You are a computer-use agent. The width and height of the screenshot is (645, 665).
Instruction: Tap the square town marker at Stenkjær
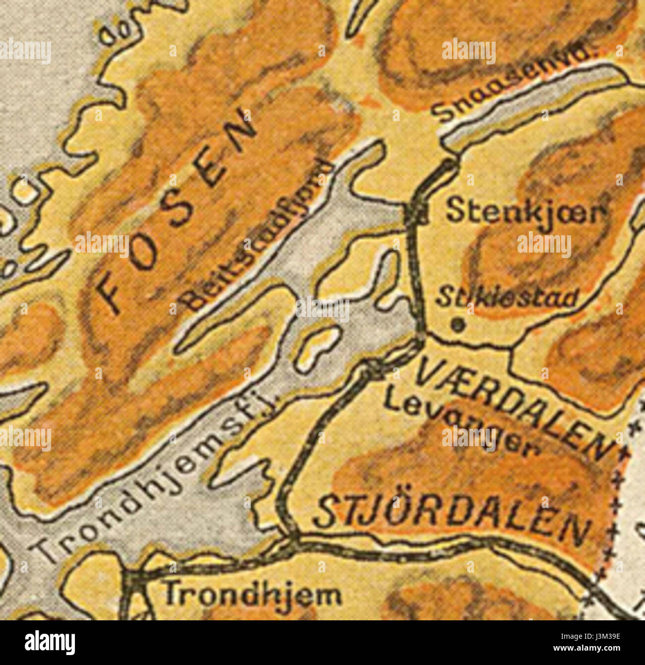tap(416, 213)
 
